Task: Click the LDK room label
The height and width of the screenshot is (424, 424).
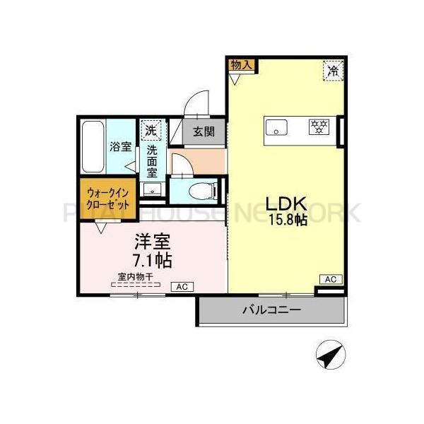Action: click(x=285, y=203)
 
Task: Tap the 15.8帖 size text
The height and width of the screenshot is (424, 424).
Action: click(x=286, y=219)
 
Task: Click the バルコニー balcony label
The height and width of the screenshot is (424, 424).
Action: click(x=271, y=309)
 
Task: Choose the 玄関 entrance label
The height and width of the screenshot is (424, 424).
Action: click(x=205, y=131)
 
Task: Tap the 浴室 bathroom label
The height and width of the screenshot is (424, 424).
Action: click(x=120, y=148)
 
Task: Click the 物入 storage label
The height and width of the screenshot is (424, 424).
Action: click(x=241, y=64)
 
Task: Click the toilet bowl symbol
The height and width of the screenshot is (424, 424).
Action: click(x=202, y=192)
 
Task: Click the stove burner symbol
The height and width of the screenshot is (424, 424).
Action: click(x=320, y=128)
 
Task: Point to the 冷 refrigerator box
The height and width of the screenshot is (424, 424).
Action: click(x=332, y=69)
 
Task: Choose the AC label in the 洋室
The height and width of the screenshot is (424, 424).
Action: click(x=181, y=286)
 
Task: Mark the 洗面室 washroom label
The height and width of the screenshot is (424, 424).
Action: click(x=151, y=160)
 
